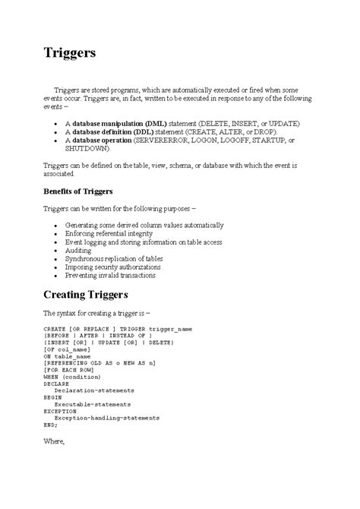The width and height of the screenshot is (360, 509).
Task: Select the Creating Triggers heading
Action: tap(96, 296)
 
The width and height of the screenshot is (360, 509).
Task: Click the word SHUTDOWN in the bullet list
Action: tap(88, 149)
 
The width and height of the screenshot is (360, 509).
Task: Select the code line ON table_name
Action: tap(68, 356)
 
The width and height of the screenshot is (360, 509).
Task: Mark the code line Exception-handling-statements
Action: tap(106, 419)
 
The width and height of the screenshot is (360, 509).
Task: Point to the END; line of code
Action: tap(50, 425)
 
